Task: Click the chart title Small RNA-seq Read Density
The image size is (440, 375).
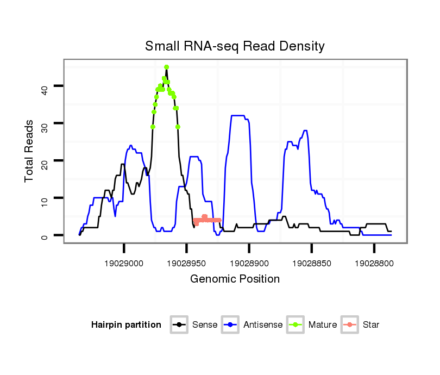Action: (235, 46)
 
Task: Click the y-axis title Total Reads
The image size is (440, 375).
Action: (29, 151)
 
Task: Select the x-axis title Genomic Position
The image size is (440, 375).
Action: (235, 279)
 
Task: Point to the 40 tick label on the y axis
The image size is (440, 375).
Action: (45, 87)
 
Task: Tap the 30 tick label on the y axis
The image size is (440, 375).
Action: (45, 124)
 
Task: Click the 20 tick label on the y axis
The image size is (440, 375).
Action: (45, 161)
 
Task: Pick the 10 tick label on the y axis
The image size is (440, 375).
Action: (45, 199)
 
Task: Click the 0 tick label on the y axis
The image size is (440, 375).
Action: (45, 236)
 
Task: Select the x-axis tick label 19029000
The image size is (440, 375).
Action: (124, 264)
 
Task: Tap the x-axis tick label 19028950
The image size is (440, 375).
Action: (187, 264)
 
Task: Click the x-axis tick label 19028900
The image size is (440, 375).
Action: (249, 264)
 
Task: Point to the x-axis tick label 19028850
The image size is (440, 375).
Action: (312, 264)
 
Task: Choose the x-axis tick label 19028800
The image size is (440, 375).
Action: (374, 264)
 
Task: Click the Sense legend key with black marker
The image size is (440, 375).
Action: (179, 325)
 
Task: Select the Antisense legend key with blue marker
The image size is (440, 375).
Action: (230, 325)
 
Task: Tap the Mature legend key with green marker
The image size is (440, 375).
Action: (296, 325)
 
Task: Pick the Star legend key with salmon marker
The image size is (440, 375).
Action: (350, 325)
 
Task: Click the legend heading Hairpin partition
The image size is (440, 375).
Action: (126, 325)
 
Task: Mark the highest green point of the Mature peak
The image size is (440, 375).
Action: (167, 67)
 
